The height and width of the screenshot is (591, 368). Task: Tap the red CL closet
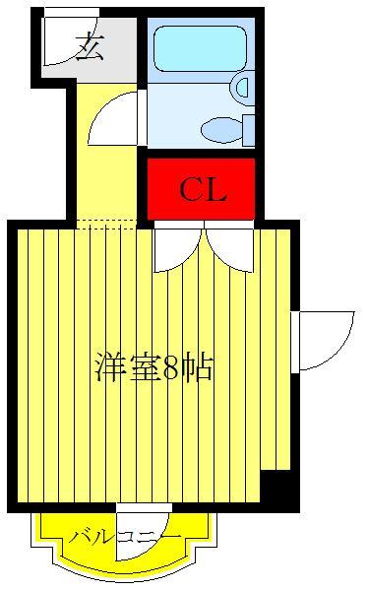pyautogui.click(x=202, y=188)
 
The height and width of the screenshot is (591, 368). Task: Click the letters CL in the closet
pyautogui.click(x=202, y=190)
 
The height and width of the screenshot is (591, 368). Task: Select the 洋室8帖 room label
pyautogui.click(x=153, y=367)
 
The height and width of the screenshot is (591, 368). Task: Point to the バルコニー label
pyautogui.click(x=125, y=537)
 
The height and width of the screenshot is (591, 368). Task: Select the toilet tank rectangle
pyautogui.click(x=248, y=129)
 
